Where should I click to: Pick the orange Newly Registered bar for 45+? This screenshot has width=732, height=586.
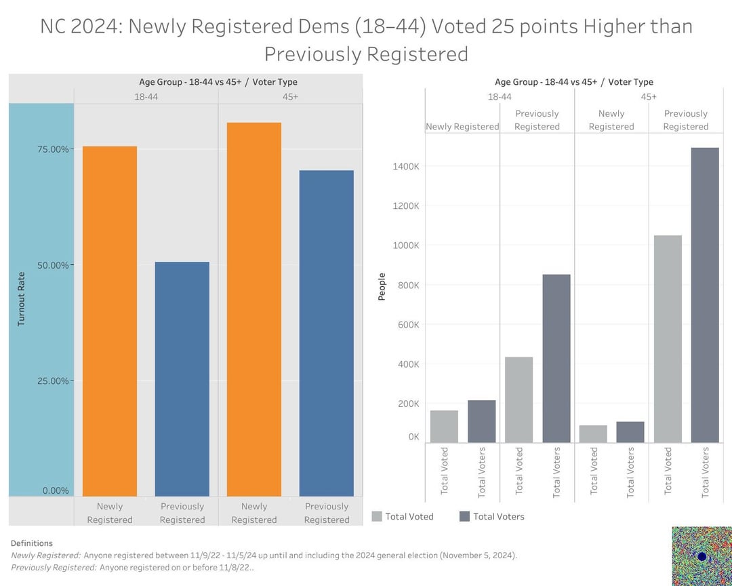click(254, 309)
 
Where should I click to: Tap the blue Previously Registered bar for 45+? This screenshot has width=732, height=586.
click(327, 333)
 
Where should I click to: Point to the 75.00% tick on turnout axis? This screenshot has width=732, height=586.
click(53, 149)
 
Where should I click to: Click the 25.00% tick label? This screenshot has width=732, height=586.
click(53, 380)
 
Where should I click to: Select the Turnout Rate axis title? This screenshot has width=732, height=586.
click(21, 299)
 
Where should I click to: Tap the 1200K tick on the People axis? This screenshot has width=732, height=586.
click(405, 206)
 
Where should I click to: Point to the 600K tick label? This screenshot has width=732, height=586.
click(407, 325)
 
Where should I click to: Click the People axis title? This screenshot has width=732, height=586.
click(382, 286)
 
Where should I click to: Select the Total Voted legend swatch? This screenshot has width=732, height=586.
click(378, 516)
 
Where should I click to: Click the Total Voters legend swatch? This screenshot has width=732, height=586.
click(465, 516)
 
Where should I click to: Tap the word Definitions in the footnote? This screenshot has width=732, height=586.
click(32, 543)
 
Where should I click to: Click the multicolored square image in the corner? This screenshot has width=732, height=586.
click(701, 555)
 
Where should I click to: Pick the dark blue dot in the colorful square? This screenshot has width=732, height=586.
click(701, 556)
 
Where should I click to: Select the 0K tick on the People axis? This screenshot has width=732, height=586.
click(413, 437)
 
